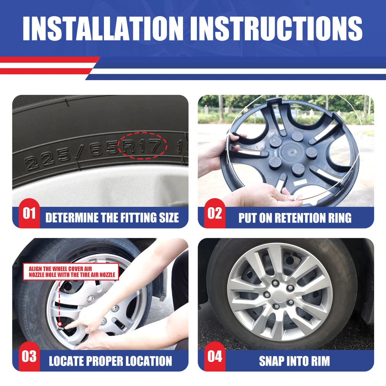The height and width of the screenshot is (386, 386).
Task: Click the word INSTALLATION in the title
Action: pyautogui.click(x=103, y=28)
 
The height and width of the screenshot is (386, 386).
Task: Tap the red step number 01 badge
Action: pyautogui.click(x=29, y=213)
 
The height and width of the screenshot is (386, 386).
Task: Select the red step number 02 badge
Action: pyautogui.click(x=215, y=213)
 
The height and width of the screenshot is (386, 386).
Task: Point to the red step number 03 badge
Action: pyautogui.click(x=29, y=356)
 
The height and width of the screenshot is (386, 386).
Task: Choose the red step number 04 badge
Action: pyautogui.click(x=215, y=356)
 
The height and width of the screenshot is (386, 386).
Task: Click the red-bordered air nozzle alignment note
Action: pyautogui.click(x=71, y=272)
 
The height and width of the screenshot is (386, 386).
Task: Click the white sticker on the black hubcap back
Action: pyautogui.click(x=300, y=183)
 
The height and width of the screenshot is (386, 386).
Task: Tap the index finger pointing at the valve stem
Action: pyautogui.click(x=72, y=325)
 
